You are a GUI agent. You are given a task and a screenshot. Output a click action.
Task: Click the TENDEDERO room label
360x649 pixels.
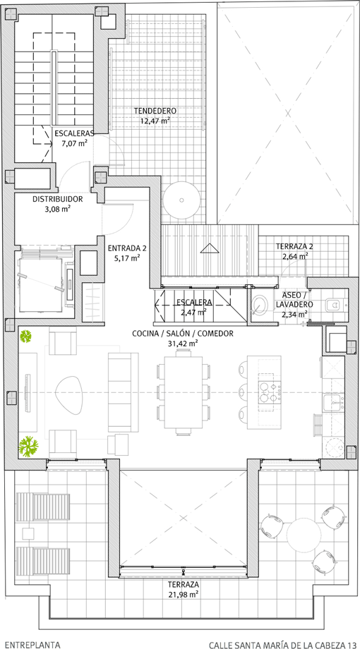pos(155,111)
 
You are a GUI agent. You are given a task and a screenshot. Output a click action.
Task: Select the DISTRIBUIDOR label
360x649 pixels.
pos(58,199)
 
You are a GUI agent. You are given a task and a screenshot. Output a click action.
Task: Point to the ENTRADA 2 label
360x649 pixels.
pos(127,248)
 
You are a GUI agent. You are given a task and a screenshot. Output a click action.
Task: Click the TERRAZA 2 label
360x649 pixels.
pos(294,246)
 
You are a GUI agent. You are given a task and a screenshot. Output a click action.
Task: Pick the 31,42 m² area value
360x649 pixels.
pos(182,342)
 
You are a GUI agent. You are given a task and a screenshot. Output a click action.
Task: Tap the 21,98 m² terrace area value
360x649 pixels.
pos(184,594)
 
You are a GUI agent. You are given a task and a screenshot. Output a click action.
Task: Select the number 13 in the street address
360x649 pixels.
pos(352,645)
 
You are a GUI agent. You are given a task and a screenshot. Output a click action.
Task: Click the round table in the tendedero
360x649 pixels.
pos(181,200)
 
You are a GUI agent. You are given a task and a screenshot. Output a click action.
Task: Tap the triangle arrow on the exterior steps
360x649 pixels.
pos(209,248)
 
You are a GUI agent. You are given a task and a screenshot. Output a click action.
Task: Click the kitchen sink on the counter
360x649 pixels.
pos(333,401)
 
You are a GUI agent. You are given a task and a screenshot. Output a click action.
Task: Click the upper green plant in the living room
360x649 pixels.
pos(27,336)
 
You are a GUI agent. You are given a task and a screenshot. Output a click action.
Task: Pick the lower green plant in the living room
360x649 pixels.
pos(28,446)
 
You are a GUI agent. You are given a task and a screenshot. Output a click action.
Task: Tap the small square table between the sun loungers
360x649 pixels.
pos(28,533)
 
